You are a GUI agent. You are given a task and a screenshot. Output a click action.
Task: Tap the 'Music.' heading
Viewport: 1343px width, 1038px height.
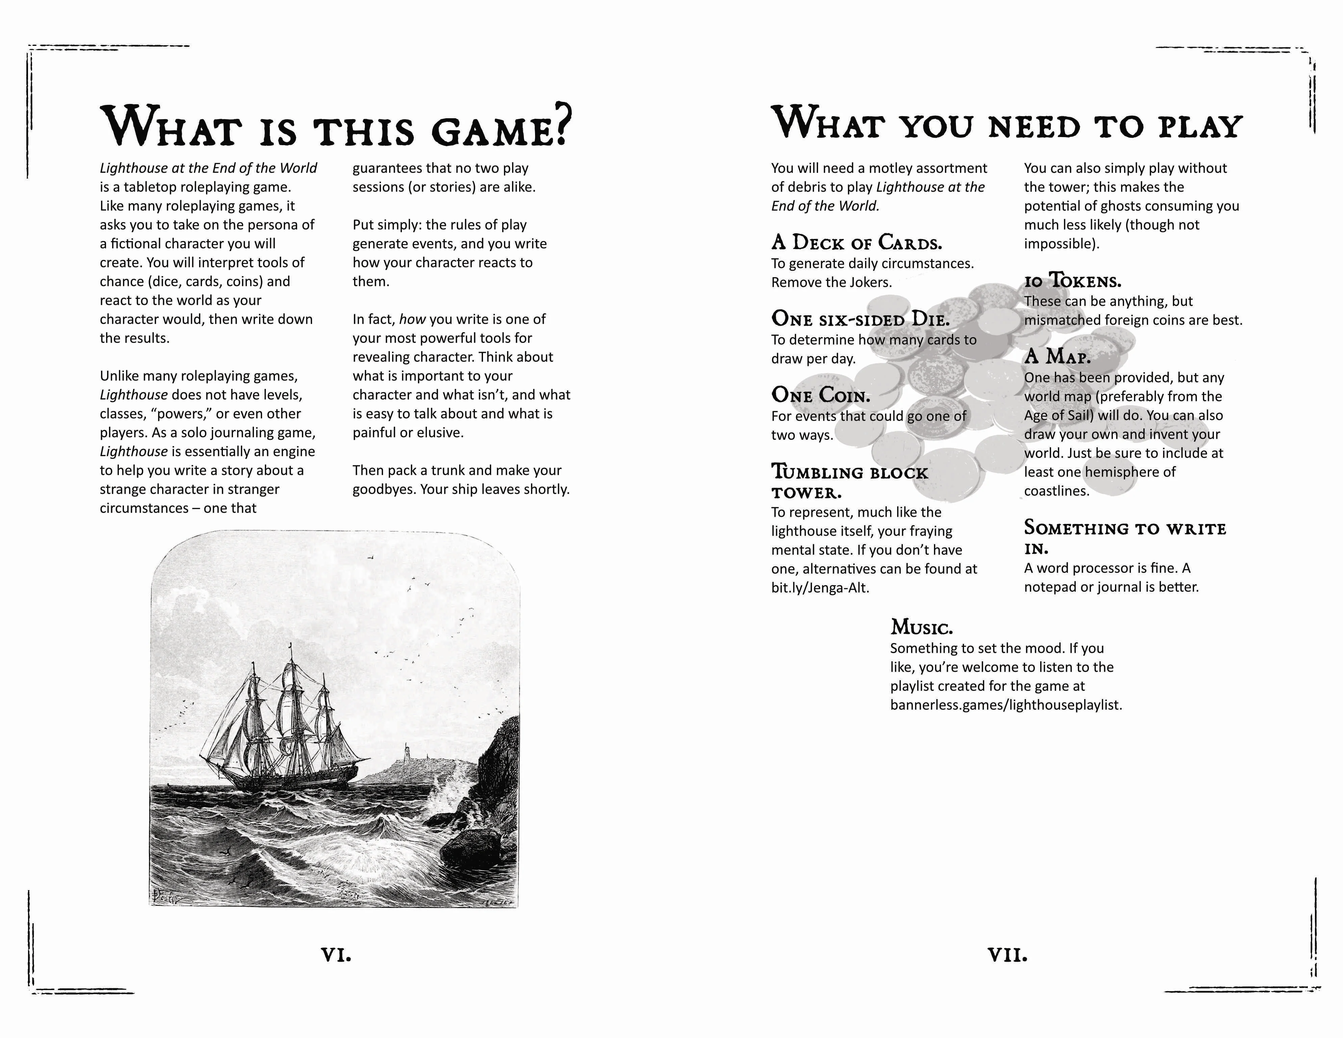coord(921,628)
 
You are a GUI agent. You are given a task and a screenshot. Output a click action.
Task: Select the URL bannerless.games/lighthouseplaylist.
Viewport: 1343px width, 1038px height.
coord(1006,705)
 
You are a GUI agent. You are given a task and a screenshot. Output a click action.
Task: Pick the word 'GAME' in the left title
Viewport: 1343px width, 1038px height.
coord(492,131)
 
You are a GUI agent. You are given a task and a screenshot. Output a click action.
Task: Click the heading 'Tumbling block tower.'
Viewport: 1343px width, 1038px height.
coord(848,482)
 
